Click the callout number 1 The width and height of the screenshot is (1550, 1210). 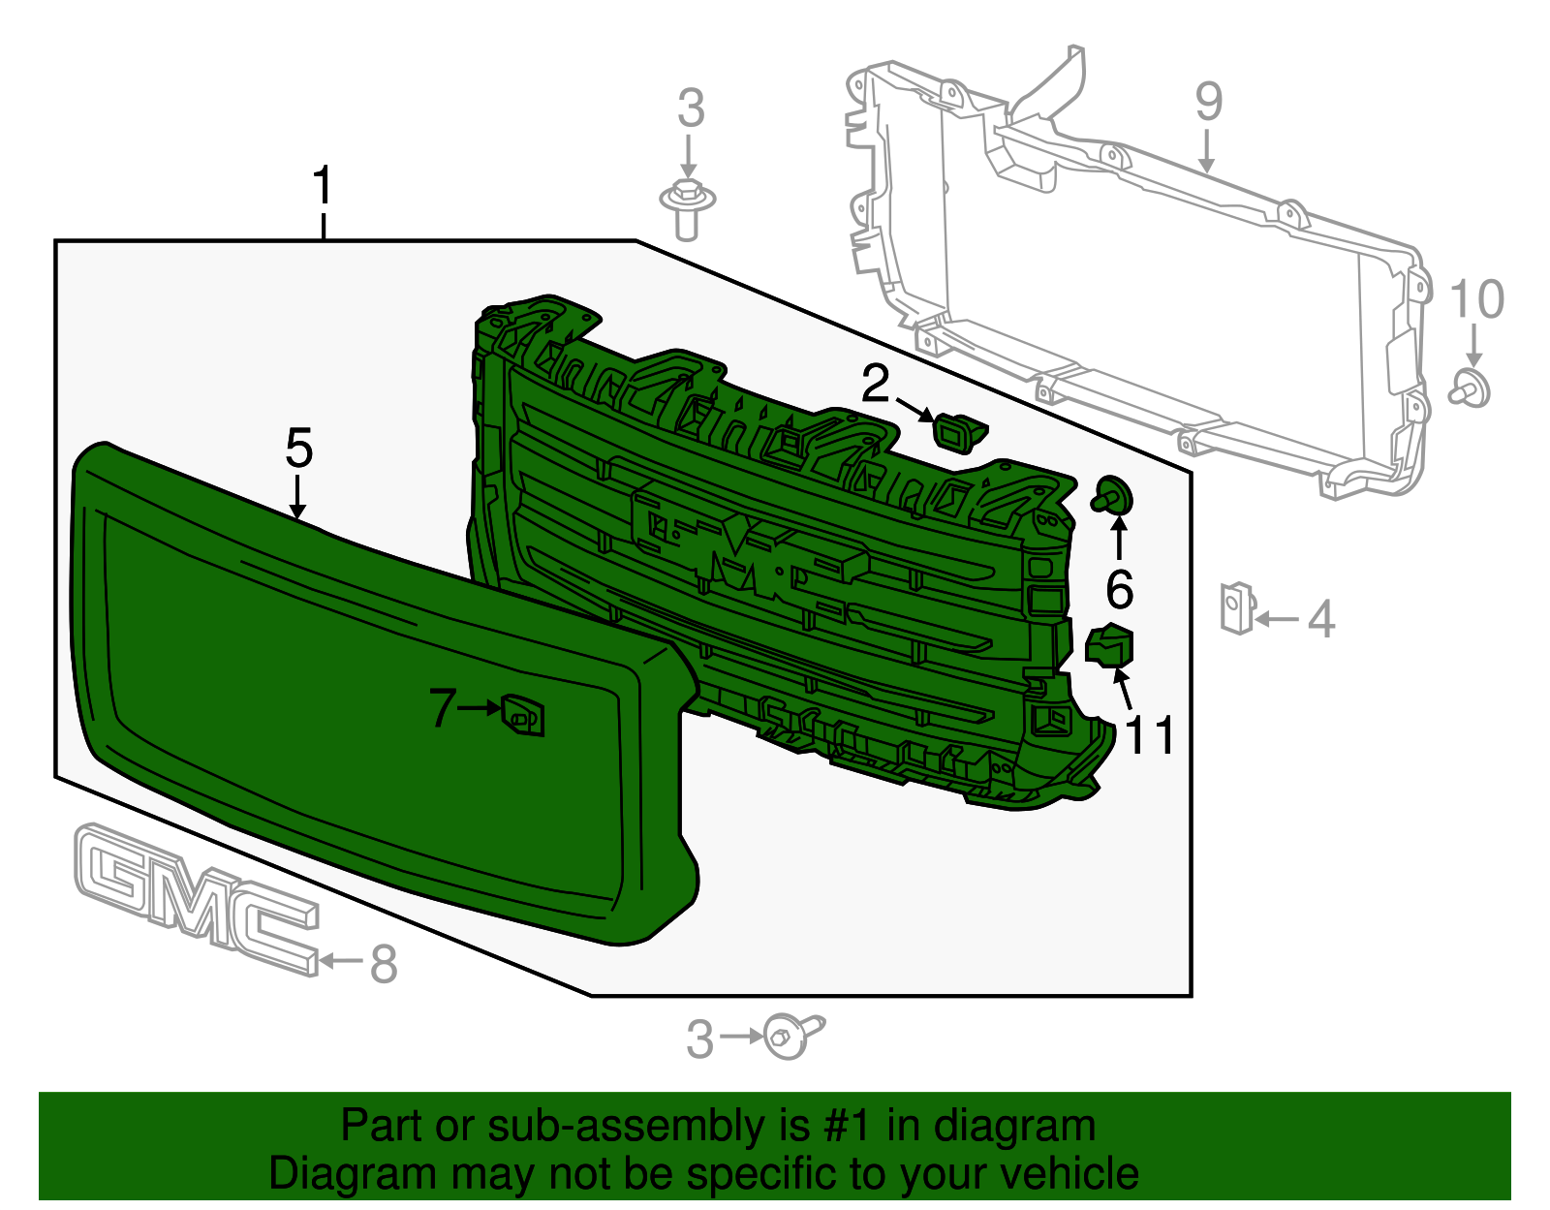(323, 186)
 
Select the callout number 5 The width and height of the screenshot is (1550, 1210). (299, 450)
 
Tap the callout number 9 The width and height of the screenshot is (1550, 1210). (1208, 102)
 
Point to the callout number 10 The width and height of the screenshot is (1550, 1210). (1476, 299)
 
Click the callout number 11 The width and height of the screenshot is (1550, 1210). (1151, 735)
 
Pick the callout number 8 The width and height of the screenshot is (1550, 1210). (385, 964)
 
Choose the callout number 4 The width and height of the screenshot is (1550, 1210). (1321, 619)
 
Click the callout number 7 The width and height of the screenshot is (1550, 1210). (442, 708)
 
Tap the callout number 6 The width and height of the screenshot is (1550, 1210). (1120, 588)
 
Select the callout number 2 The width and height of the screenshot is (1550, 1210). (875, 385)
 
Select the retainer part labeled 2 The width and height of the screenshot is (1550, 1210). (957, 432)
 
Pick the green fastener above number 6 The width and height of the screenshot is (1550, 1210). (1114, 495)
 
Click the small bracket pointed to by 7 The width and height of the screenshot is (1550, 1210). (522, 716)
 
